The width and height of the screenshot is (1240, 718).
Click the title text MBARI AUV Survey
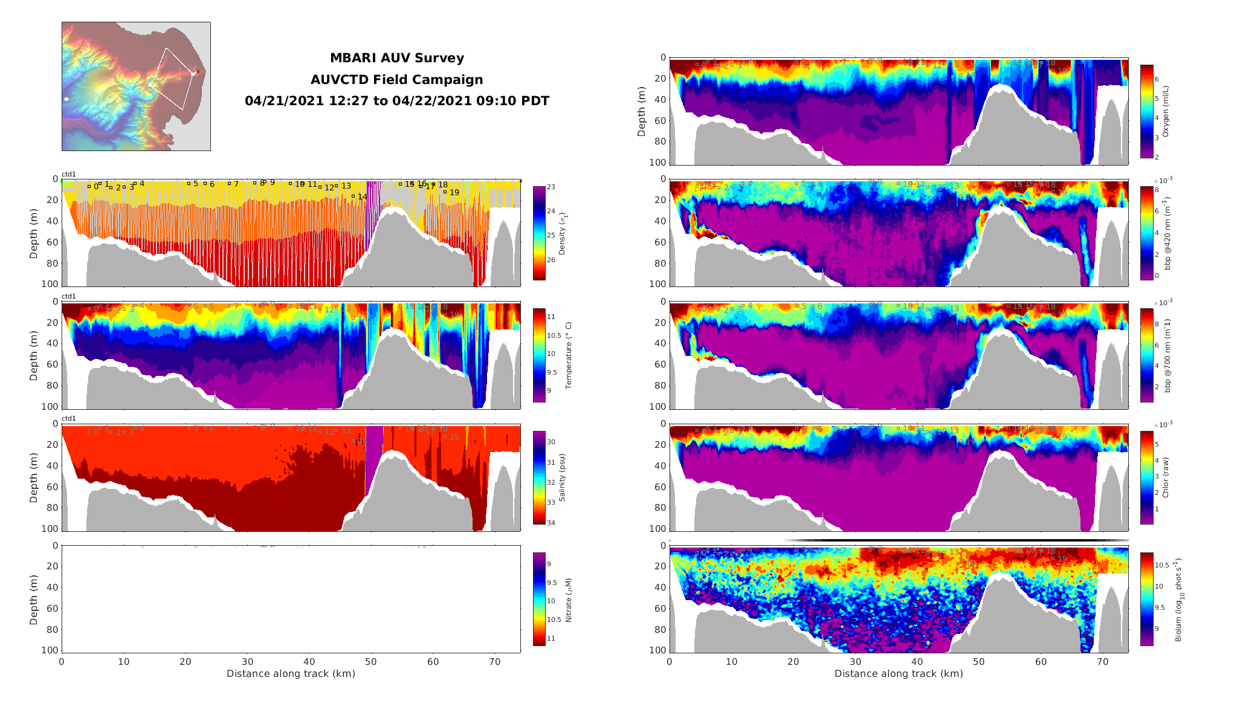click(x=397, y=58)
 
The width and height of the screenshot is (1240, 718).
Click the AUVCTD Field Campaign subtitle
click(x=397, y=80)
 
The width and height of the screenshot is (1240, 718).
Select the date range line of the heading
click(x=397, y=101)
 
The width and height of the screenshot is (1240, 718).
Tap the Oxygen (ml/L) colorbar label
click(x=1166, y=112)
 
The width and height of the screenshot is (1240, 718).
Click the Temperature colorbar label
click(x=568, y=355)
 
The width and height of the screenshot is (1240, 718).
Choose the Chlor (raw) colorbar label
click(x=1166, y=477)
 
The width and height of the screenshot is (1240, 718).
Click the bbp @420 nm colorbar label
click(x=1167, y=233)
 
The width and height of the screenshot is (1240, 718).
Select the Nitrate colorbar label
click(x=568, y=600)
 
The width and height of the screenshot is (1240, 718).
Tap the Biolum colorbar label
click(x=1178, y=600)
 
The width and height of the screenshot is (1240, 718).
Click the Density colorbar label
click(x=562, y=233)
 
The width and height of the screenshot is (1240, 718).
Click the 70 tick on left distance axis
click(x=494, y=661)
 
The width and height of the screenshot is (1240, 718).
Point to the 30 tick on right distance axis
click(x=855, y=661)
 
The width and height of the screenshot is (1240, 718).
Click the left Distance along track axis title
click(x=291, y=673)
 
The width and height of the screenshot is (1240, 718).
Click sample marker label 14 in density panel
click(x=362, y=197)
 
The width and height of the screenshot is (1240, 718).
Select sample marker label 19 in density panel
click(x=454, y=193)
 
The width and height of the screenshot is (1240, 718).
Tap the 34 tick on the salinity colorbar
click(x=551, y=523)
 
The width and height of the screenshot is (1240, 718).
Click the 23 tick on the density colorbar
click(x=551, y=187)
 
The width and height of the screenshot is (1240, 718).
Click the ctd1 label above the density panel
click(x=69, y=174)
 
